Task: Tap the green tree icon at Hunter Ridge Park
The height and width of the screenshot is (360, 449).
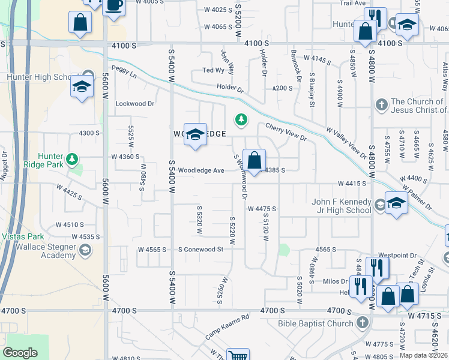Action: (x=72, y=159)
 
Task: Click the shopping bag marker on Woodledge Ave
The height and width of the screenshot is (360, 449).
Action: (x=254, y=161)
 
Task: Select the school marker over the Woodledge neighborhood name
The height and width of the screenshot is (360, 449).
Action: (x=195, y=136)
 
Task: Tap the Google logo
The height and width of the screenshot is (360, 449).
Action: (x=20, y=353)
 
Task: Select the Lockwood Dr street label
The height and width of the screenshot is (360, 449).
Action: (x=135, y=103)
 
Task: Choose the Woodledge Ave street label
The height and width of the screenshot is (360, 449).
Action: (x=201, y=170)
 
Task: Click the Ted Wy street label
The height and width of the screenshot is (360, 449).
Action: (x=213, y=70)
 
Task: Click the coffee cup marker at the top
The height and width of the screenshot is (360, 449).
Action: (x=113, y=6)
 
